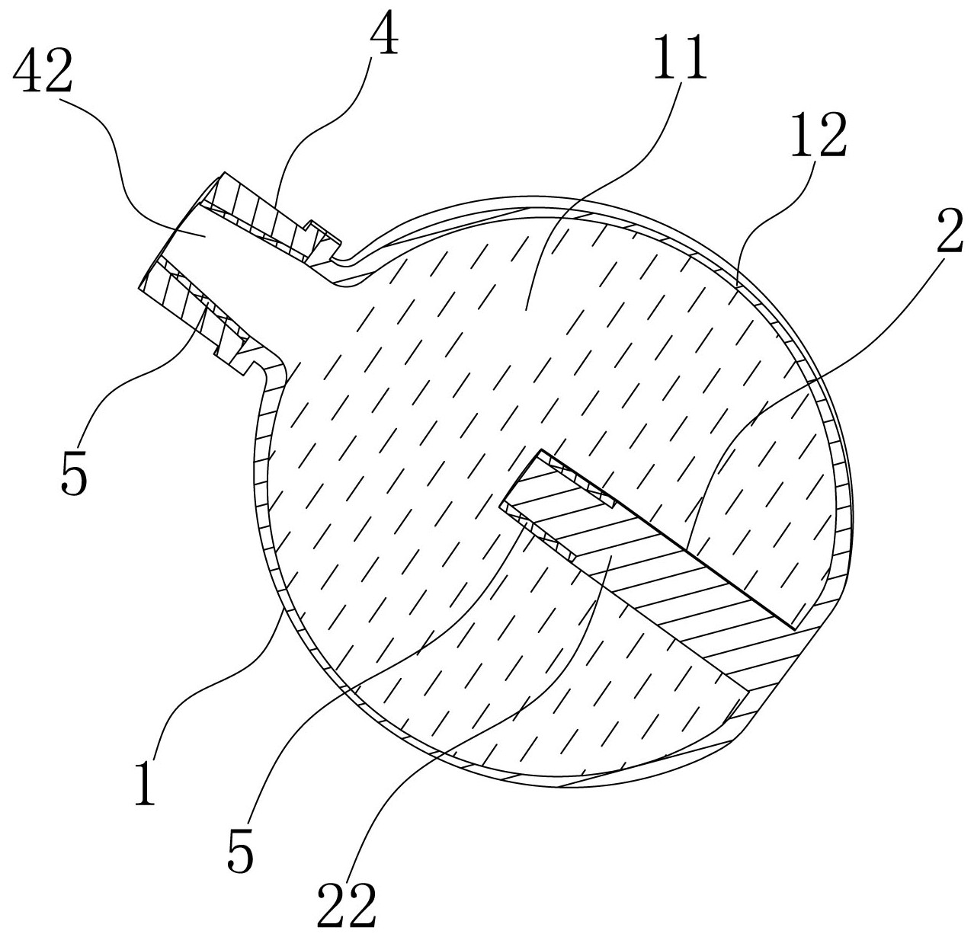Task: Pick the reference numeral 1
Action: coord(146,785)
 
